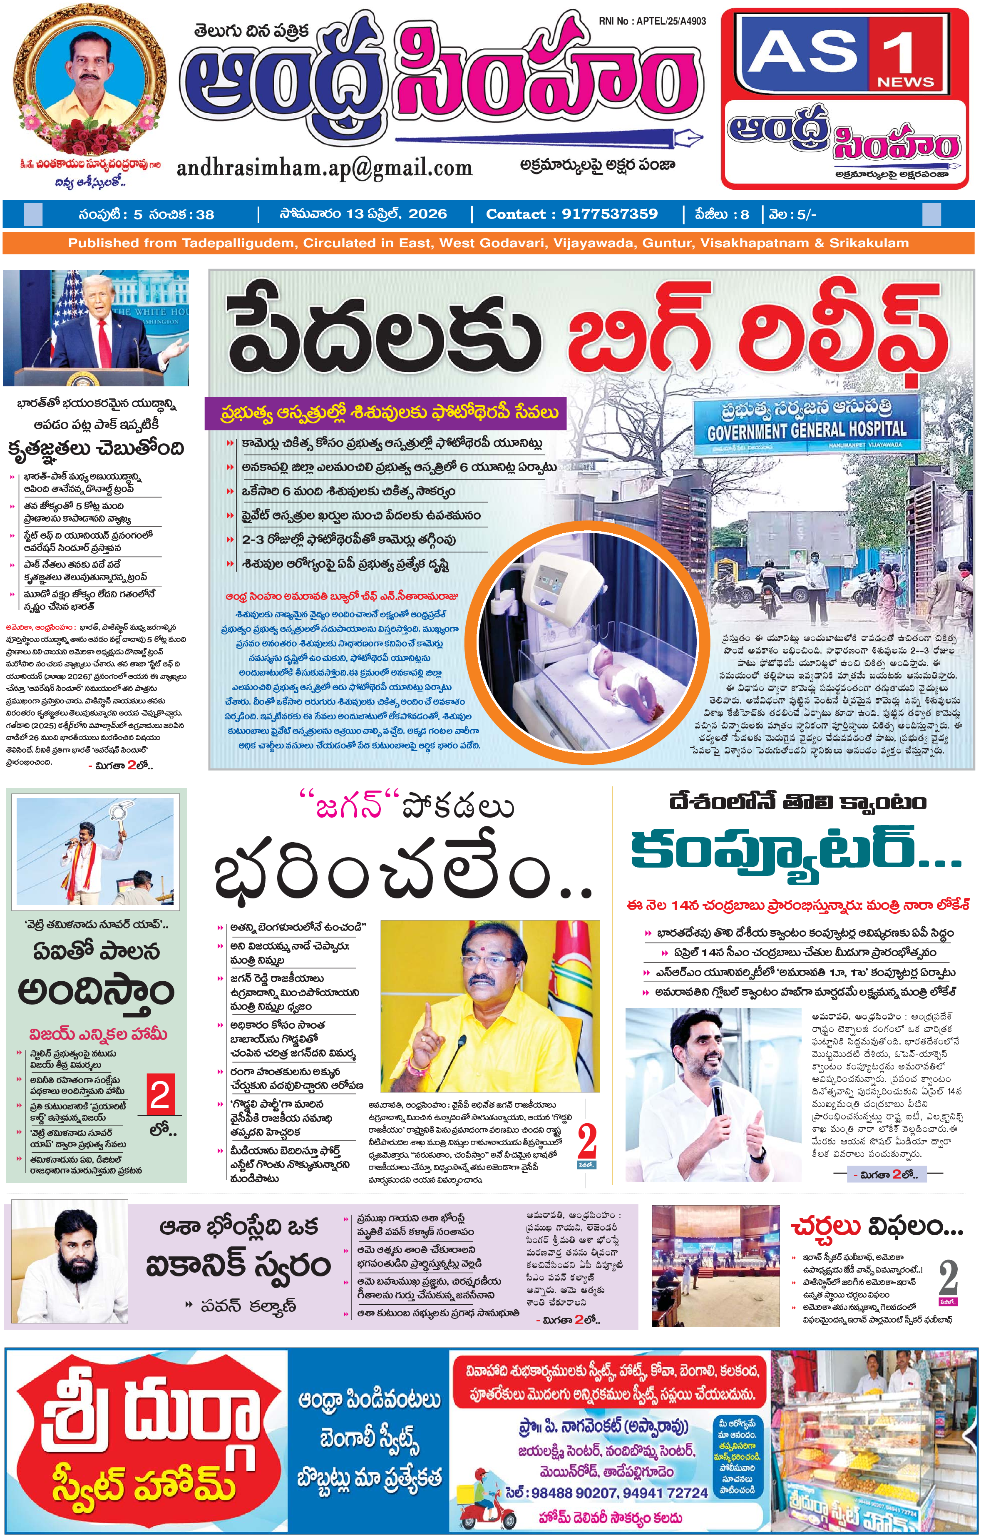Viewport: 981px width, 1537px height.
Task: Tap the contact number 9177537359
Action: click(x=609, y=214)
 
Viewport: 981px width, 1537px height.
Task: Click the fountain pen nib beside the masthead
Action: click(x=687, y=137)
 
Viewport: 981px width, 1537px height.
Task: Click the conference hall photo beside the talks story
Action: click(x=715, y=1257)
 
